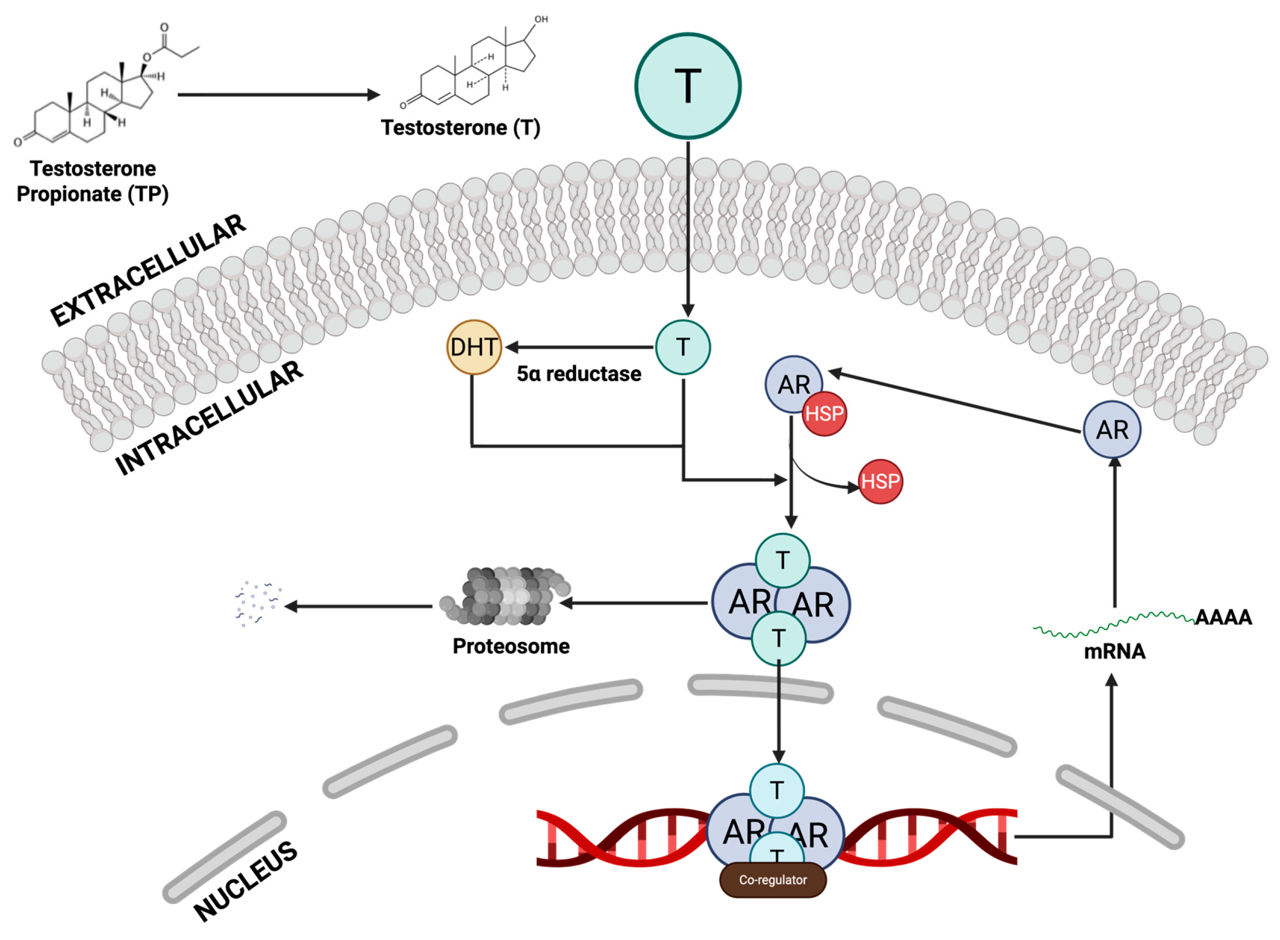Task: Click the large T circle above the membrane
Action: click(687, 86)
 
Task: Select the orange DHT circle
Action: click(473, 347)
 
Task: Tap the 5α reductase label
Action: click(578, 374)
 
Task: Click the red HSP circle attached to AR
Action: click(823, 414)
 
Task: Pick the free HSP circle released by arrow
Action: click(879, 481)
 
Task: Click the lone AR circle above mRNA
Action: click(1111, 430)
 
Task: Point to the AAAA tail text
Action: click(1222, 617)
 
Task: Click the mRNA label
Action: click(1114, 652)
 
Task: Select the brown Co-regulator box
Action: click(772, 880)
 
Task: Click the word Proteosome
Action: click(511, 647)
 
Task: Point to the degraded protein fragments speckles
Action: click(257, 603)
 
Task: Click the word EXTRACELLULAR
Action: click(148, 270)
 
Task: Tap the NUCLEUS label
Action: click(246, 880)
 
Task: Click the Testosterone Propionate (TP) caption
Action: click(93, 181)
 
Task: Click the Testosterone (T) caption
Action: click(460, 128)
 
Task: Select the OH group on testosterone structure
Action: click(540, 20)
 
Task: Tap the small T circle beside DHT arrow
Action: click(682, 347)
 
